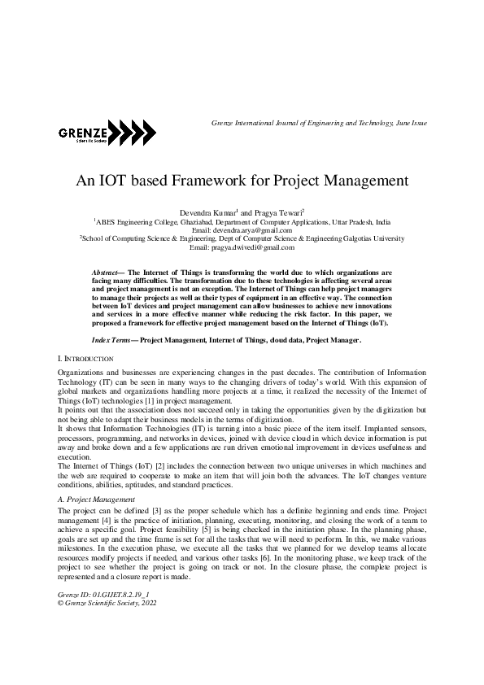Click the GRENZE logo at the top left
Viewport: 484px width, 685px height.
pos(107,134)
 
